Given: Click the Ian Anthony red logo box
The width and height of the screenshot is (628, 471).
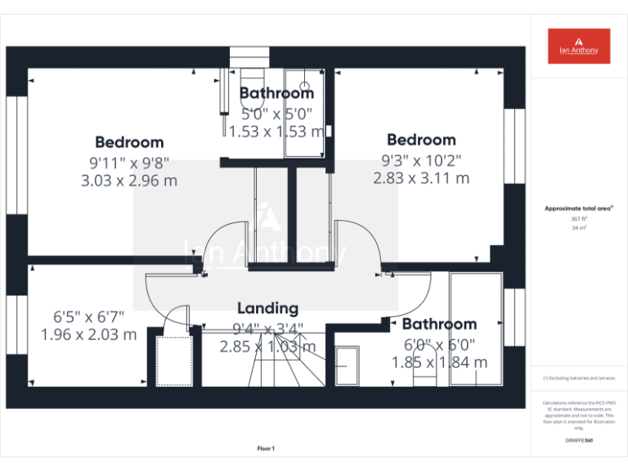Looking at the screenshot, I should point(579,46).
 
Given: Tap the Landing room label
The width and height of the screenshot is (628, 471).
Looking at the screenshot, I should point(267,308).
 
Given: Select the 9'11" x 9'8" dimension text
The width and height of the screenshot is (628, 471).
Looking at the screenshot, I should point(129,162).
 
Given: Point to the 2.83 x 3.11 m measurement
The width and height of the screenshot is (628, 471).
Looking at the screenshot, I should point(421,177).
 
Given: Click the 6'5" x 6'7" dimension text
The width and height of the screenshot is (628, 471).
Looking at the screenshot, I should point(89,316).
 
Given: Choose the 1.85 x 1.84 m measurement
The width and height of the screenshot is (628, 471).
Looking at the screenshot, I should point(439,362).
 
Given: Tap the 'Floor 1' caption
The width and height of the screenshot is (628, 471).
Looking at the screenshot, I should point(266,448).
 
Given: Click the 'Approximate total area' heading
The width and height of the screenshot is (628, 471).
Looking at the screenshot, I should point(578,209).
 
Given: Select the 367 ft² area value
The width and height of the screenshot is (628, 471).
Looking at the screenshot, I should point(578,219).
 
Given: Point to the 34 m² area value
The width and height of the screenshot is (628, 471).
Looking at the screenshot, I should point(578,228).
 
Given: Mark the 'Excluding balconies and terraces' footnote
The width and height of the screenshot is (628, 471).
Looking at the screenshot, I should point(578,379).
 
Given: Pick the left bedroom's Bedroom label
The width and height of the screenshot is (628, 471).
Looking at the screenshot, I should point(129,142).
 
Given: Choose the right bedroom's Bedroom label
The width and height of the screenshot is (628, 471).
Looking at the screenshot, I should point(421,140).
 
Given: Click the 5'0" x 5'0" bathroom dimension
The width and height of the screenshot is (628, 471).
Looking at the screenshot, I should point(276,114).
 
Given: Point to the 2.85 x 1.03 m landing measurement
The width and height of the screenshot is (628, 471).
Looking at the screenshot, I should point(267,346).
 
